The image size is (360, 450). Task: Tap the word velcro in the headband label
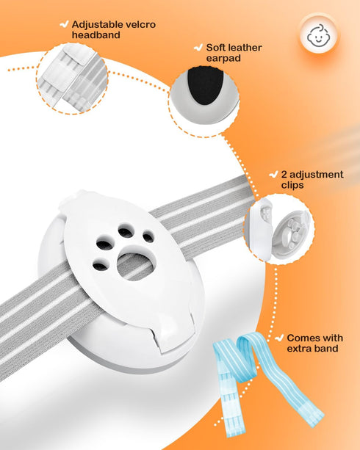[x=140, y=24]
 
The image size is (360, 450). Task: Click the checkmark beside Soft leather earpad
[x=198, y=47]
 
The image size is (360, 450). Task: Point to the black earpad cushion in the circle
[x=204, y=85]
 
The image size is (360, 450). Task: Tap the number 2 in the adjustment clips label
[x=284, y=175]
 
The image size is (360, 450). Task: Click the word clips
[x=292, y=185]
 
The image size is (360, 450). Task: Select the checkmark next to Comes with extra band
[x=279, y=338]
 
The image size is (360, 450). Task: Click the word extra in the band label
[x=298, y=349]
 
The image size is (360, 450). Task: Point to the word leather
[x=245, y=48]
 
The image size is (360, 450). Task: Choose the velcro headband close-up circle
[x=73, y=78]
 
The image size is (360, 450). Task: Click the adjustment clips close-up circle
[x=278, y=229]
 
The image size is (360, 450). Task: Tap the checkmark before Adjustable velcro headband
[x=64, y=23]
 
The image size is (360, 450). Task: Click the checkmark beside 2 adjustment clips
[x=273, y=174]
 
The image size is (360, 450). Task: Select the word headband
[x=96, y=35]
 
